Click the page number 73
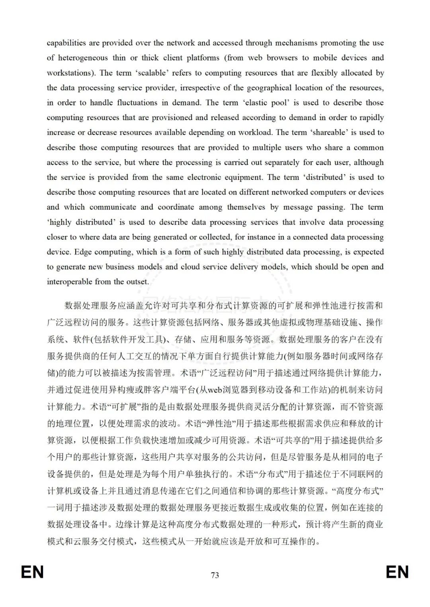(215, 575)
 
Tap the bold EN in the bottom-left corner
(32, 572)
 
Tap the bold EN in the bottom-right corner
(397, 572)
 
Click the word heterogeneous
(83, 58)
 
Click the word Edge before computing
(83, 252)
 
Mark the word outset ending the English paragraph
(137, 282)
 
